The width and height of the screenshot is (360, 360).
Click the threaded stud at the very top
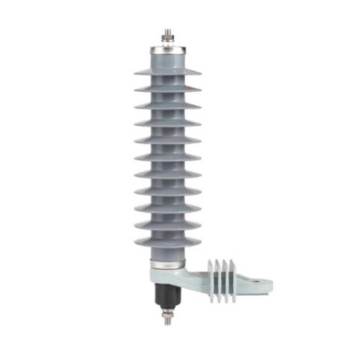coord(168,32)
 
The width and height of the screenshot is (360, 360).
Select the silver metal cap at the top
coord(168,49)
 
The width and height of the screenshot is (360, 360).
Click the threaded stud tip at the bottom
coord(167,322)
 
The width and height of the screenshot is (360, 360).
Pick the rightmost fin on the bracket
coord(233,281)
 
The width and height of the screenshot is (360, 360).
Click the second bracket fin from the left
coord(218,281)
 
